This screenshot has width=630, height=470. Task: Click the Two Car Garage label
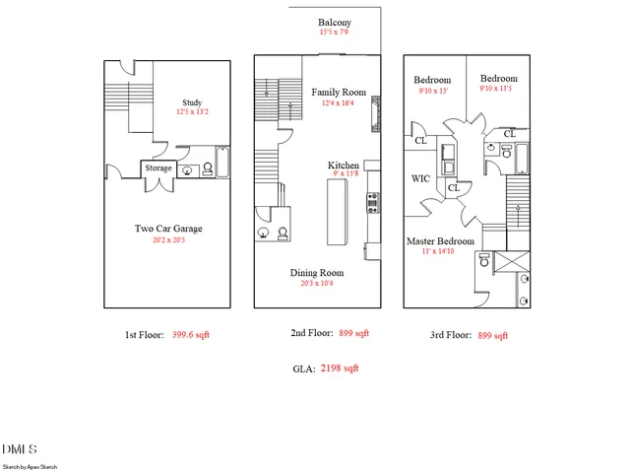pyautogui.click(x=168, y=229)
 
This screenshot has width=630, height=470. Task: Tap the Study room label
pyautogui.click(x=193, y=101)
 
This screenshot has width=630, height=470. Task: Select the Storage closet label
pyautogui.click(x=158, y=168)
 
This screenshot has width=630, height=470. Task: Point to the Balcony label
pyautogui.click(x=335, y=22)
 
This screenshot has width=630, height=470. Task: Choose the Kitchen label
pyautogui.click(x=344, y=165)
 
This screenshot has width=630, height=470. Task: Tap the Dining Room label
pyautogui.click(x=316, y=272)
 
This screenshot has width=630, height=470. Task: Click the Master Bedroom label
pyautogui.click(x=440, y=240)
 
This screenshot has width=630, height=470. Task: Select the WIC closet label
pyautogui.click(x=419, y=178)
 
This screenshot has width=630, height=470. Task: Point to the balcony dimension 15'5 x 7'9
pyautogui.click(x=334, y=33)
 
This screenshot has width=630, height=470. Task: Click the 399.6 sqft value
pyautogui.click(x=190, y=335)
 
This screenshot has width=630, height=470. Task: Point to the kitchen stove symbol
pyautogui.click(x=373, y=203)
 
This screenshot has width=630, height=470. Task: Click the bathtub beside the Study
pyautogui.click(x=221, y=163)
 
